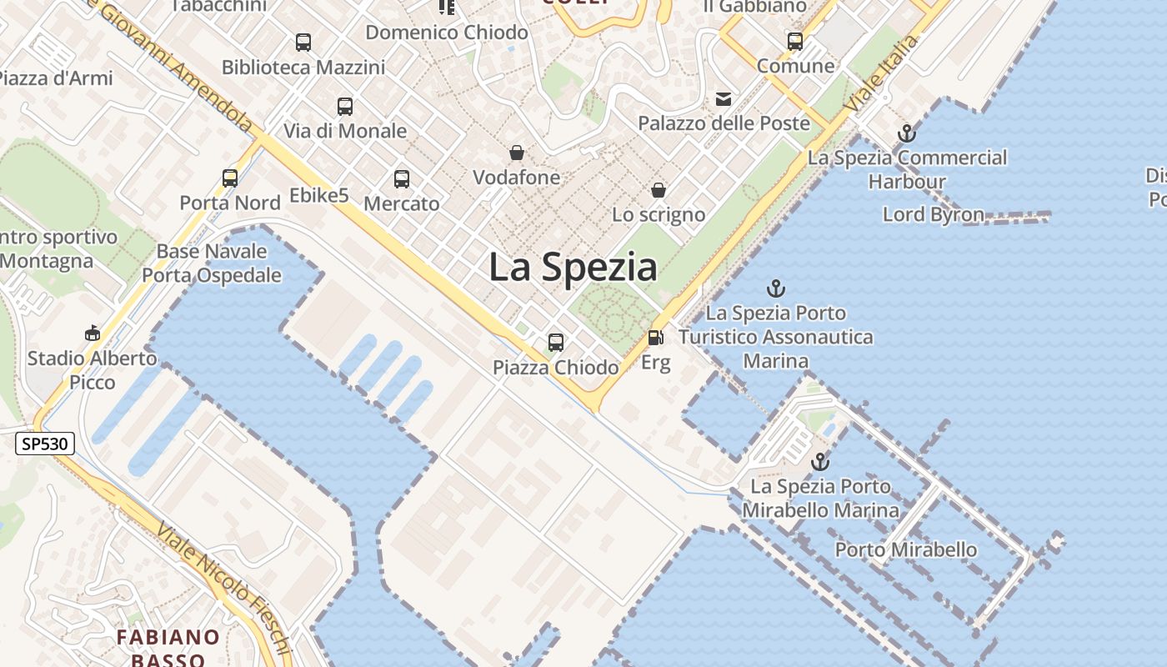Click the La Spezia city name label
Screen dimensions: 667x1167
pos(573,267)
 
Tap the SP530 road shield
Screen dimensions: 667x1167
pos(45,444)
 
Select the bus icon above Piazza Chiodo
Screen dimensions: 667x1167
pos(556,342)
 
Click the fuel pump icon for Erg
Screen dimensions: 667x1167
pos(656,338)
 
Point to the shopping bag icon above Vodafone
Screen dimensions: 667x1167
pos(517,153)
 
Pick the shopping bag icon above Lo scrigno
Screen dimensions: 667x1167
pos(659,190)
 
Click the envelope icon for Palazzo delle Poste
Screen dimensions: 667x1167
pos(724,99)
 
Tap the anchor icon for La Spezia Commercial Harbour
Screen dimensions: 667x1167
pos(906,133)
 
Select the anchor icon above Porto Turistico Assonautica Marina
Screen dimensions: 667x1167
pos(776,288)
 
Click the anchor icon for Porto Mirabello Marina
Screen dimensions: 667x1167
pos(821,461)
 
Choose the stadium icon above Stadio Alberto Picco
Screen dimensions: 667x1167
pos(93,333)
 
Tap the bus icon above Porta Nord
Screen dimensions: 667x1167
pos(230,178)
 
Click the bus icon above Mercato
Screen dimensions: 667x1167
pos(402,178)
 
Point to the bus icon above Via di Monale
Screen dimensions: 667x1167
pos(345,107)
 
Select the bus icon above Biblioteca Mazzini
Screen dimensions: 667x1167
pos(303,43)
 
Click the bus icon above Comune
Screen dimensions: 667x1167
pos(795,41)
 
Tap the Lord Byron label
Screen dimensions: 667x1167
pos(934,214)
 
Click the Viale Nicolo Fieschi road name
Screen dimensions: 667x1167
pos(225,589)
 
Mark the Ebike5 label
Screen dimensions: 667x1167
pos(319,196)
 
